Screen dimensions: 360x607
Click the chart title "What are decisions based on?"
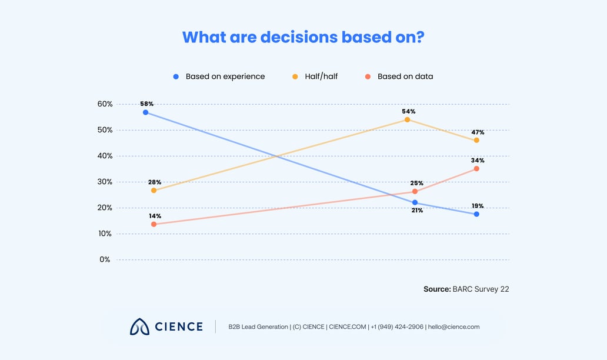pos(303,36)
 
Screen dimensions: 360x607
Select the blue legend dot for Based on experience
pos(176,76)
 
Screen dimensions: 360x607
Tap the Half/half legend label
pos(321,76)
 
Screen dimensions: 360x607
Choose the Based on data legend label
pos(405,76)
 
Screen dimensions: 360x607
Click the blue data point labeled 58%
pos(145,112)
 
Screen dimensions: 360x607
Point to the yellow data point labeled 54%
pos(407,119)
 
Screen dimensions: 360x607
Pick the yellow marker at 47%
pos(476,140)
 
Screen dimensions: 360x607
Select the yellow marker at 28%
pos(154,191)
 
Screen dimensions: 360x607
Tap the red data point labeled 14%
pos(154,224)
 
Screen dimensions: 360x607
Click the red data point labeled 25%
pos(415,192)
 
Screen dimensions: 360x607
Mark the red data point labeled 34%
pos(476,169)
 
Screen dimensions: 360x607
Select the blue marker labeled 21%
pos(415,202)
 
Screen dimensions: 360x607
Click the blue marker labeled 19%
pos(476,214)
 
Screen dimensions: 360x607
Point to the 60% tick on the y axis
pos(105,104)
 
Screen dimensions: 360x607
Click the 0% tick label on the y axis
pos(105,259)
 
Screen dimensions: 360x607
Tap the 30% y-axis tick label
pos(105,182)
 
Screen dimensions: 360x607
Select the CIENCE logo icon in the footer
pos(140,326)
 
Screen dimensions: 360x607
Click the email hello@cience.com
pos(453,327)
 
